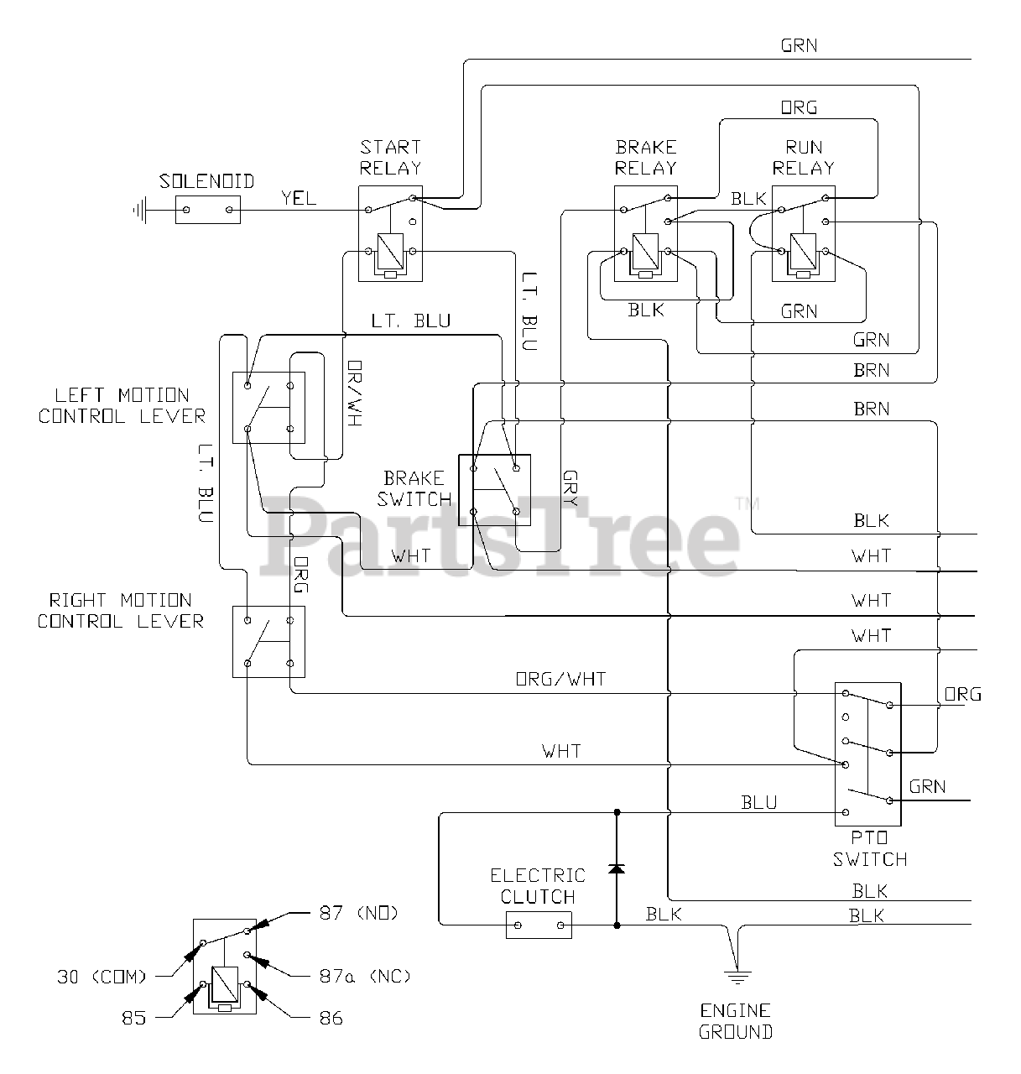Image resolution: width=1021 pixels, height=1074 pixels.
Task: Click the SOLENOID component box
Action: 207,210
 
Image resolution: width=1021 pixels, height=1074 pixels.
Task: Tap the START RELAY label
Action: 391,158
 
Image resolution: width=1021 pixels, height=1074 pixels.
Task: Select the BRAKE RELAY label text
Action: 646,158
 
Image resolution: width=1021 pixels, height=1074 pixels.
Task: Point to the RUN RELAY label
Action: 804,158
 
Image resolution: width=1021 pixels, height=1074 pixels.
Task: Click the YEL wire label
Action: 299,198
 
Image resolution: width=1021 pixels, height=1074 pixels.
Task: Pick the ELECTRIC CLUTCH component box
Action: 539,925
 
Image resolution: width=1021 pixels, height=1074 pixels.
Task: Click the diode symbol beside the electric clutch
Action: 617,868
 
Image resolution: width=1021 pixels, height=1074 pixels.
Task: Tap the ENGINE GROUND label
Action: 735,1021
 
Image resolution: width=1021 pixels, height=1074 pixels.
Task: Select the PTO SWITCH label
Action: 870,848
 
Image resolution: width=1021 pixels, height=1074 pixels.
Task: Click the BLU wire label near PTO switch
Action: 758,802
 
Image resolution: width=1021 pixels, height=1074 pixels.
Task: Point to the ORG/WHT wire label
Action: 561,679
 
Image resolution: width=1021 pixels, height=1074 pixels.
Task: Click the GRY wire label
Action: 570,487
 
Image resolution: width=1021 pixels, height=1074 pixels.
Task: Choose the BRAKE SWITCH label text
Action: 414,488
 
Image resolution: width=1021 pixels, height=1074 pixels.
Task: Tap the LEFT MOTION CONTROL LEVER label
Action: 122,405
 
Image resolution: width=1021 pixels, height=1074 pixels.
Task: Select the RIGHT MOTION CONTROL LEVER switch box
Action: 268,642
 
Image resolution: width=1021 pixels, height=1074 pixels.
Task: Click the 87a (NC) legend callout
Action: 365,976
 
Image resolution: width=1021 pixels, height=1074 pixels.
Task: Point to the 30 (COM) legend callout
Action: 102,977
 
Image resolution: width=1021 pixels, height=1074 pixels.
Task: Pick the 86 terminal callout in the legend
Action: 331,1018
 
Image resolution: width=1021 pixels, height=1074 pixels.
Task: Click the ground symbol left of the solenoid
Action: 141,210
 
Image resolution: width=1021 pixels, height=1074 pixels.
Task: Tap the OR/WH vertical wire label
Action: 355,393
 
